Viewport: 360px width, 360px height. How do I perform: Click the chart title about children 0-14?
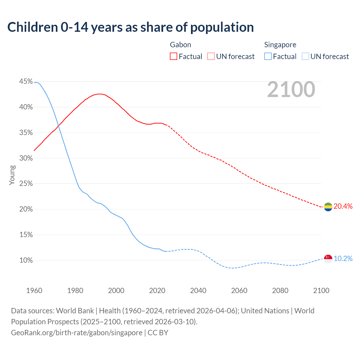pos(130,27)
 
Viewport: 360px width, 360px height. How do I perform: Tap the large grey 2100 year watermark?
pos(291,89)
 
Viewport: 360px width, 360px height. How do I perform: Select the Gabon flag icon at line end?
pos(328,207)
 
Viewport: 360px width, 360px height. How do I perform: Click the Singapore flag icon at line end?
pos(328,259)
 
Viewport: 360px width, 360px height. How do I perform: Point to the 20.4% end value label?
pos(343,206)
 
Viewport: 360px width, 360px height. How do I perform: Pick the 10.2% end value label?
pos(343,259)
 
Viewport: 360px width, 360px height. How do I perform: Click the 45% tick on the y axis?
pos(26,82)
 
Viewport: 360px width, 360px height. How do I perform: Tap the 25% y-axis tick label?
pos(26,184)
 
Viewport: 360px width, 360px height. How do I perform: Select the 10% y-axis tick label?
pos(26,260)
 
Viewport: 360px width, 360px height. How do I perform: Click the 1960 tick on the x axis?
pos(34,291)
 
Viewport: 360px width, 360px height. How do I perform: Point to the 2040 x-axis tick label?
pos(198,291)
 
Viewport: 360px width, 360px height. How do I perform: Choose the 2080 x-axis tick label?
pos(280,291)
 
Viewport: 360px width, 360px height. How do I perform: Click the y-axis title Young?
pos(12,175)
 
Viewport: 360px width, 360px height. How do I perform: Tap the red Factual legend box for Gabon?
pos(174,57)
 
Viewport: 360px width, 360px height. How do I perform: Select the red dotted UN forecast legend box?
pos(211,57)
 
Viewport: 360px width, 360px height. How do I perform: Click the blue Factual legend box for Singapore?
pos(268,57)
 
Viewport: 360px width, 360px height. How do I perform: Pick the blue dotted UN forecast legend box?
pos(305,57)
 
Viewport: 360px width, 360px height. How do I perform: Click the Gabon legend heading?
pos(181,45)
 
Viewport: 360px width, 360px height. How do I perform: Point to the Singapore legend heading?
pos(280,45)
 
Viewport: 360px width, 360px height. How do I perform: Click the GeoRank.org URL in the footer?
pos(76,333)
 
